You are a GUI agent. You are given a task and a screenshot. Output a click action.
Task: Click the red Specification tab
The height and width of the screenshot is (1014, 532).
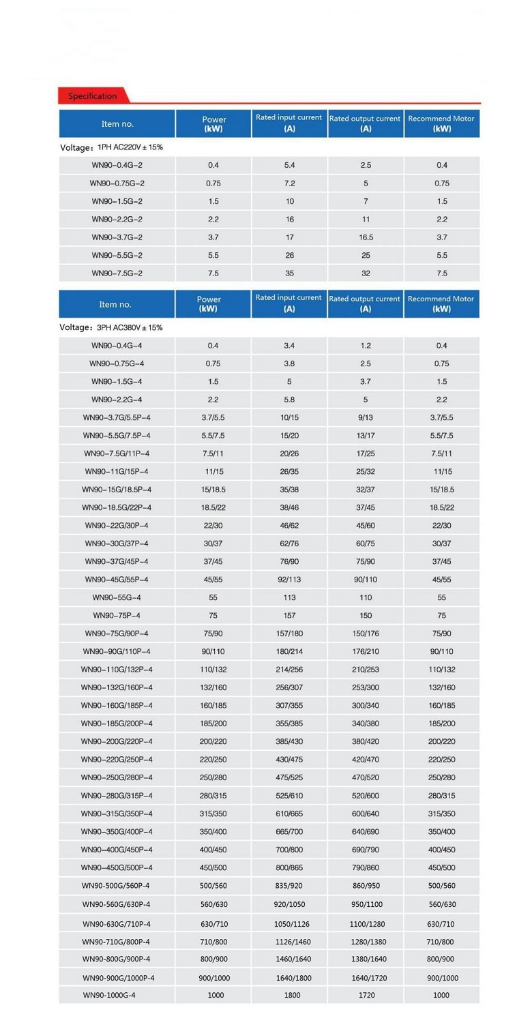coord(93,96)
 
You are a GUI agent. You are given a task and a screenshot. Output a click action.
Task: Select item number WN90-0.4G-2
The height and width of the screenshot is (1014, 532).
coord(117,165)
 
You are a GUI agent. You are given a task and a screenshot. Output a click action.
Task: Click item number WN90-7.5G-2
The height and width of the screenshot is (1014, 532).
coord(117,273)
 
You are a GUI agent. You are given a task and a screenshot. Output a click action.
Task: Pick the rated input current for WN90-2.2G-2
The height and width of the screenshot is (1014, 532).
coord(290,220)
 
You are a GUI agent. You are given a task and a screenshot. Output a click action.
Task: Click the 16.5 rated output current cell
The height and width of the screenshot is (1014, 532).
coord(366,237)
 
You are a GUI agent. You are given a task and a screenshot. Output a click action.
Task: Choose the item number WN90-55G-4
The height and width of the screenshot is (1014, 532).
coord(117,597)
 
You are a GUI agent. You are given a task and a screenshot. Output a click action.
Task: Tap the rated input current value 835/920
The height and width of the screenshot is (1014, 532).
coord(290,886)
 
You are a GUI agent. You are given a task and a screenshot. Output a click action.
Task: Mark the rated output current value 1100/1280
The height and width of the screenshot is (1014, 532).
coord(366,923)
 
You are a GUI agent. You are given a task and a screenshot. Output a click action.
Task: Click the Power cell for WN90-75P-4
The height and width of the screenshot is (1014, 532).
coord(213,615)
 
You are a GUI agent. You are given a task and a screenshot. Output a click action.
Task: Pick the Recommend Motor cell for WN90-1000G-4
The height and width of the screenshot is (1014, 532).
coord(441,995)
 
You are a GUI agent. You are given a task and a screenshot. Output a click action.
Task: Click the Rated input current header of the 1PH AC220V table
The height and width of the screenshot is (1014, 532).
coord(289,123)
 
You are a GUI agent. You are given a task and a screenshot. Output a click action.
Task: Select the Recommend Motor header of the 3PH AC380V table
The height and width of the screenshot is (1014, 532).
coord(441,303)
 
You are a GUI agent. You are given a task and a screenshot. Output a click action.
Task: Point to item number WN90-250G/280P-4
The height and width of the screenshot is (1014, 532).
coord(117,777)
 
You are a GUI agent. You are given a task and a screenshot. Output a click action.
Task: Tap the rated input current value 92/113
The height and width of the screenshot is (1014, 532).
coord(290,580)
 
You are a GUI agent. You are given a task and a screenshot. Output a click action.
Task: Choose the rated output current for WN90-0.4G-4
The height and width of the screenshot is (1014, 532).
coord(366,346)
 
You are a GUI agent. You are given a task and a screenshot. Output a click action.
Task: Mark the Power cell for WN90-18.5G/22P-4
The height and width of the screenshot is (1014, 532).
coord(213,507)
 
